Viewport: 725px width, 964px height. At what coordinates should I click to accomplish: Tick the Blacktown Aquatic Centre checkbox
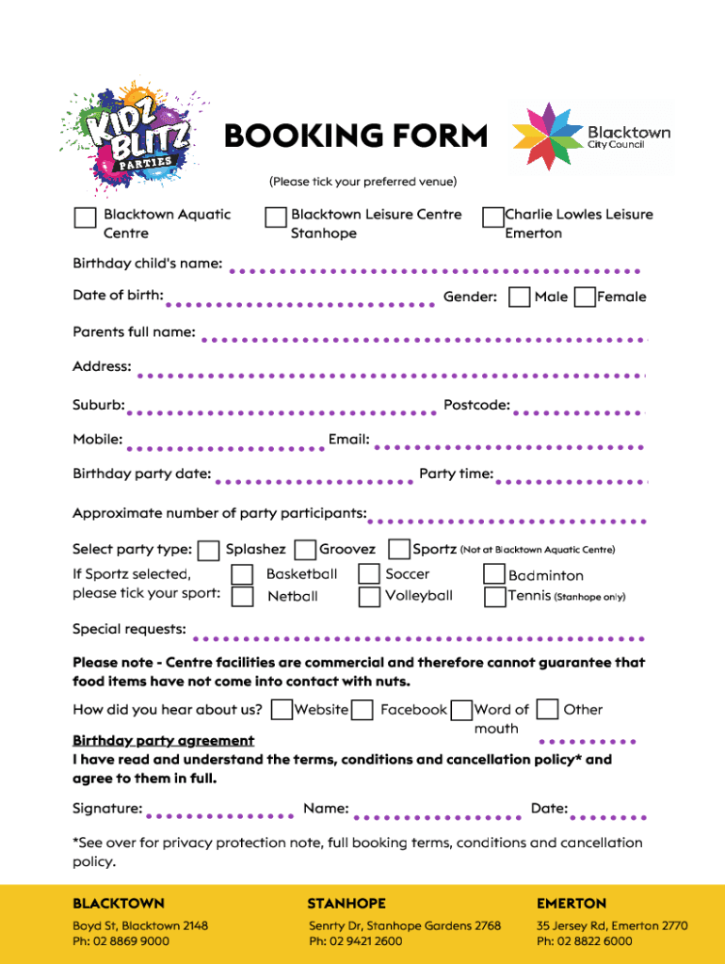tap(85, 217)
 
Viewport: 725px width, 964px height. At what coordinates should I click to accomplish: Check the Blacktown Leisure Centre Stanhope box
tap(275, 217)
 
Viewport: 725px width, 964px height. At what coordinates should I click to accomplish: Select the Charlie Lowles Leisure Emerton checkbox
tap(492, 217)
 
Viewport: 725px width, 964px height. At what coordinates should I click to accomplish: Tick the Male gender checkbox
tap(519, 297)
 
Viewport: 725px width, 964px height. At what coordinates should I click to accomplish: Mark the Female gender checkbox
tap(584, 297)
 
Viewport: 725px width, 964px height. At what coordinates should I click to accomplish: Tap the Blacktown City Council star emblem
tap(544, 137)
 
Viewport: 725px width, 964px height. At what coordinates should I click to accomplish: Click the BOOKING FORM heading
tap(356, 137)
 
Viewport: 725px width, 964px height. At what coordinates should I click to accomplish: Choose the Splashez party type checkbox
tap(209, 550)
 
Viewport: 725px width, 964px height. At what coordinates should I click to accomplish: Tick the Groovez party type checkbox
tap(305, 550)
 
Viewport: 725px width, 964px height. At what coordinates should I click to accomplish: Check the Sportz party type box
tap(399, 549)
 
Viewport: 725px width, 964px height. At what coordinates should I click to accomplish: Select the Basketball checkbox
tap(242, 574)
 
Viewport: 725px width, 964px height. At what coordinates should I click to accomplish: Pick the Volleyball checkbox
tap(369, 597)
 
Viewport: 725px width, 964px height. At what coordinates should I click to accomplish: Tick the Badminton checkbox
tap(494, 574)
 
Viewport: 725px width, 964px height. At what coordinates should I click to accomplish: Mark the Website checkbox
tap(281, 710)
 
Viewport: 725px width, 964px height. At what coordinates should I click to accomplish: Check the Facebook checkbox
tap(362, 710)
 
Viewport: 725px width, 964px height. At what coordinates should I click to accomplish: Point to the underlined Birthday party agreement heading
tap(163, 741)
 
